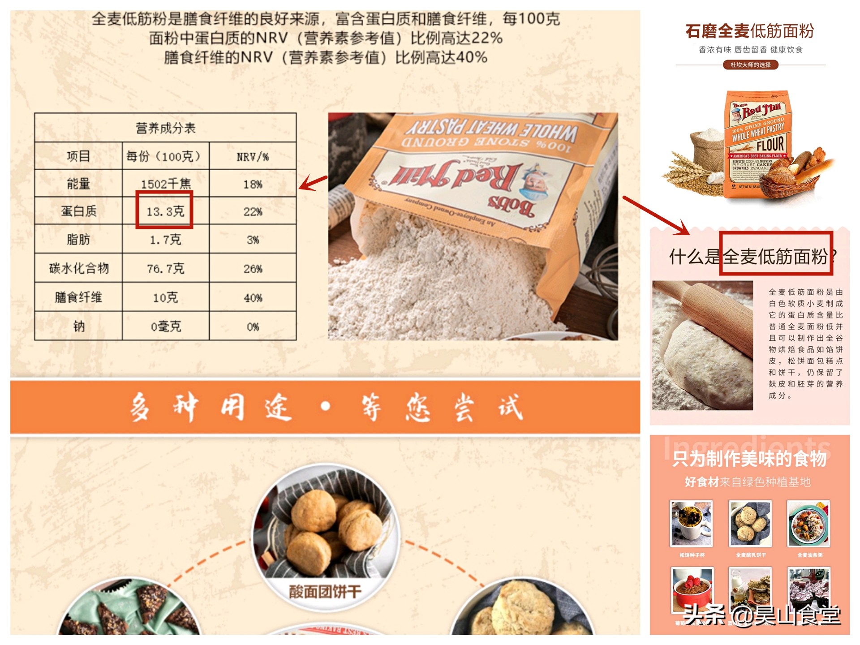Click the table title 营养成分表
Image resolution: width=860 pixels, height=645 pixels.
165,128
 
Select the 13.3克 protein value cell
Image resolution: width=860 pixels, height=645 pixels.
165,211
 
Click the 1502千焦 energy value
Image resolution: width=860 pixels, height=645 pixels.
165,184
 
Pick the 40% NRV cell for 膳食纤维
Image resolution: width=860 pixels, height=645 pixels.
253,298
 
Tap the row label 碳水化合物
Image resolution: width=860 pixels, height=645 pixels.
79,268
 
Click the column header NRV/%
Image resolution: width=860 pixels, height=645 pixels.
253,157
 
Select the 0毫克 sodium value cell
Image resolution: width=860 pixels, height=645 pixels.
165,327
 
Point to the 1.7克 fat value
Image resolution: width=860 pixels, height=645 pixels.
165,240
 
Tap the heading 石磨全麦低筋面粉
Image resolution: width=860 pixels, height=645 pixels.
749,31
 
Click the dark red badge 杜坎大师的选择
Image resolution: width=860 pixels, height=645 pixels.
750,64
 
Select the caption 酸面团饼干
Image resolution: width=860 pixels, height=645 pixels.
325,592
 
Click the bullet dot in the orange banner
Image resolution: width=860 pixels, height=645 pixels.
326,406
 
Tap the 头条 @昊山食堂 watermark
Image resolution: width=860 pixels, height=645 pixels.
761,615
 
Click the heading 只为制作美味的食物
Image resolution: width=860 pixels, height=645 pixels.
749,459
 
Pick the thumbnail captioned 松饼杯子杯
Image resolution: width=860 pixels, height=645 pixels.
691,524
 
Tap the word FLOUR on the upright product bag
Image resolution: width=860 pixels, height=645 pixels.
770,145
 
